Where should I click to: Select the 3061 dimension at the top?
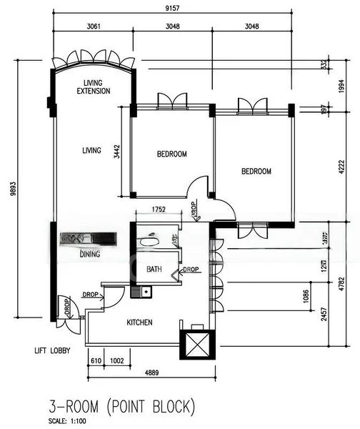click(89, 26)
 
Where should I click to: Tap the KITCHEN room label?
click(139, 322)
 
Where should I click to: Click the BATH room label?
click(154, 270)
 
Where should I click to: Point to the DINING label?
click(90, 254)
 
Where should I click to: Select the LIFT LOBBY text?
click(56, 351)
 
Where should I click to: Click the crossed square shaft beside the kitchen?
click(198, 345)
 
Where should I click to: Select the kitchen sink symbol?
click(145, 291)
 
